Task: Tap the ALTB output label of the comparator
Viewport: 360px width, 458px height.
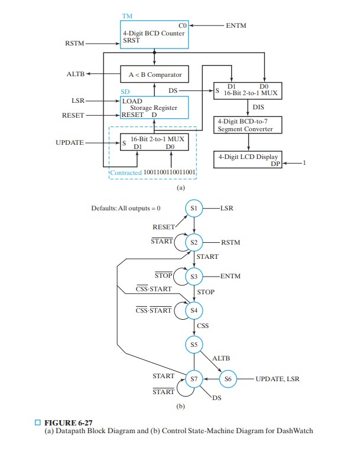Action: (x=77, y=74)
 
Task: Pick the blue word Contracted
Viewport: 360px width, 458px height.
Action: (x=126, y=173)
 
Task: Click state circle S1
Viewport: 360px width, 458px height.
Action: (x=193, y=209)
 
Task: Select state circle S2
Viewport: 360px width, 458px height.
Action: (x=193, y=242)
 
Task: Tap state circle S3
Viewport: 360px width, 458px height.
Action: (x=193, y=277)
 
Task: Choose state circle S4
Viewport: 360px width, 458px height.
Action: (x=193, y=310)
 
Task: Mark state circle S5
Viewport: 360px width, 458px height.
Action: (x=193, y=344)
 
